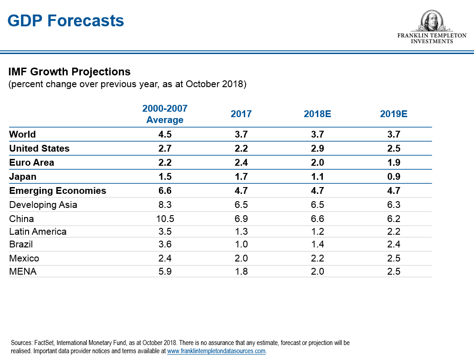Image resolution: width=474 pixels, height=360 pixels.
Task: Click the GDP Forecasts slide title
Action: [66, 21]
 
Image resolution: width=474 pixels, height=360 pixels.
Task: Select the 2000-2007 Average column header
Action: [165, 114]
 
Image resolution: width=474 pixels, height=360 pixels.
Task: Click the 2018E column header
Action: [317, 114]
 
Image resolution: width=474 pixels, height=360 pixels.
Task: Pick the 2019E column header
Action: [394, 114]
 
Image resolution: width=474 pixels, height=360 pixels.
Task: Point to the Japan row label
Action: [23, 177]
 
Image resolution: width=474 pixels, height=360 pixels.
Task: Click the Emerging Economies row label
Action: [58, 191]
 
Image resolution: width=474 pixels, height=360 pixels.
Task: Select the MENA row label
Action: [23, 272]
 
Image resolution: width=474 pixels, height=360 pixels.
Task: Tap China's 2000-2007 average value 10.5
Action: [165, 218]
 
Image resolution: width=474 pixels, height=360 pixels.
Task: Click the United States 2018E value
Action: [317, 148]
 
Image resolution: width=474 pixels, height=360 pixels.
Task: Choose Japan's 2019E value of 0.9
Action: [394, 177]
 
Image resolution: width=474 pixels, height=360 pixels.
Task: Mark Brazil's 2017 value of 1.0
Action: [241, 244]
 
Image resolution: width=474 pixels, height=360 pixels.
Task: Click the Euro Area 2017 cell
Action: [241, 163]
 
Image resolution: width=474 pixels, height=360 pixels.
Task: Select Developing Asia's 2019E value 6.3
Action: [394, 205]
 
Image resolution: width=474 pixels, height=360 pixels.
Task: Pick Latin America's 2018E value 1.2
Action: [317, 232]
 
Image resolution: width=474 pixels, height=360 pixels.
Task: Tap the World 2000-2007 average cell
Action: [165, 134]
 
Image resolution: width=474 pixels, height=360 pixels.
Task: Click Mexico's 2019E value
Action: [394, 258]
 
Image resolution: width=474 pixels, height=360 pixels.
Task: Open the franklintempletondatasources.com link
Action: [216, 351]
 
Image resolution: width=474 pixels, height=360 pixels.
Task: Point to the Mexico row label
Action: [24, 258]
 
